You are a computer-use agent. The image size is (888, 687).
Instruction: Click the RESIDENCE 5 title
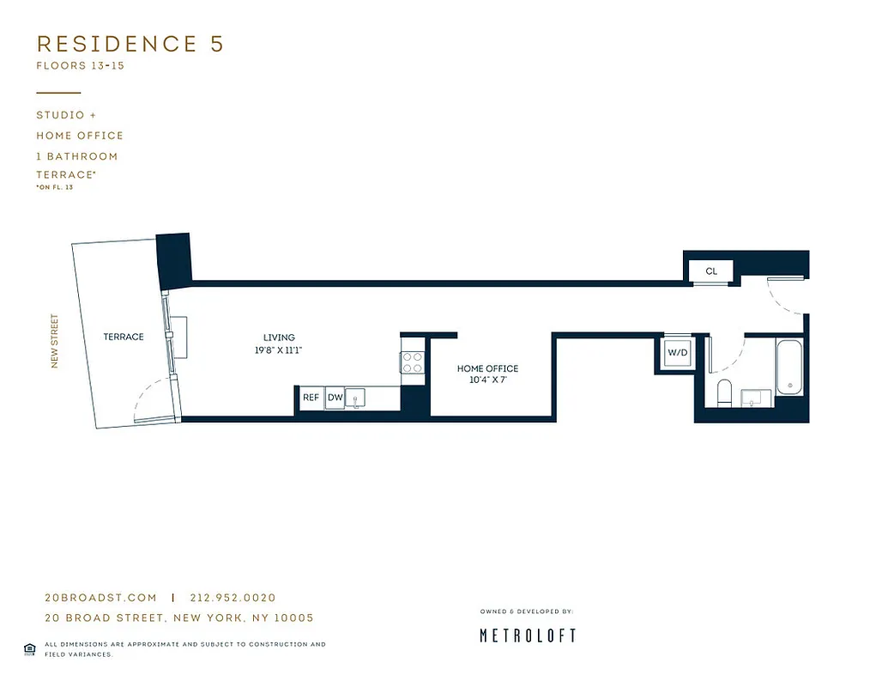point(130,44)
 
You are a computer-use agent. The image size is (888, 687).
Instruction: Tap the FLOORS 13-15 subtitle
point(80,66)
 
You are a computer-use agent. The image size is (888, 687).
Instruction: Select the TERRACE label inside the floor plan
point(124,337)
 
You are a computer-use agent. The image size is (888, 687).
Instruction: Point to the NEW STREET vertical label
point(55,341)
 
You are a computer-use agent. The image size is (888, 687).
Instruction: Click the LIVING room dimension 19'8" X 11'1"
point(279,350)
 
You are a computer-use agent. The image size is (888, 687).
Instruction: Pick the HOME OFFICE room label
point(487,368)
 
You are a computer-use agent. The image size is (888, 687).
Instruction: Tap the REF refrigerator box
point(311,398)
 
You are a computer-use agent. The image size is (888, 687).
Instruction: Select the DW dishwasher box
point(335,398)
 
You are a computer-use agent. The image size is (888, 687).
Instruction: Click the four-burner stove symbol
point(413,362)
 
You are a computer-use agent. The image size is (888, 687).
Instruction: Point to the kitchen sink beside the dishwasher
point(357,397)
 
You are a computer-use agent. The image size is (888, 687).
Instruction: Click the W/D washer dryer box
point(678,352)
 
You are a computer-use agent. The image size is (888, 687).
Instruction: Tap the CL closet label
point(711,271)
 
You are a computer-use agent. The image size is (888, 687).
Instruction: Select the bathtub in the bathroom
point(789,368)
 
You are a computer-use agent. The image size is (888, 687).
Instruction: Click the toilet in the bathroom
point(723,392)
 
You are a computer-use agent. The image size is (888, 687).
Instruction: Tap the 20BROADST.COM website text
point(100,598)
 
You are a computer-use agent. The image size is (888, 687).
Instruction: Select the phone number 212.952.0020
point(233,598)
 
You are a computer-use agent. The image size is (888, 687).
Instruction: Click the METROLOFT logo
point(527,635)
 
